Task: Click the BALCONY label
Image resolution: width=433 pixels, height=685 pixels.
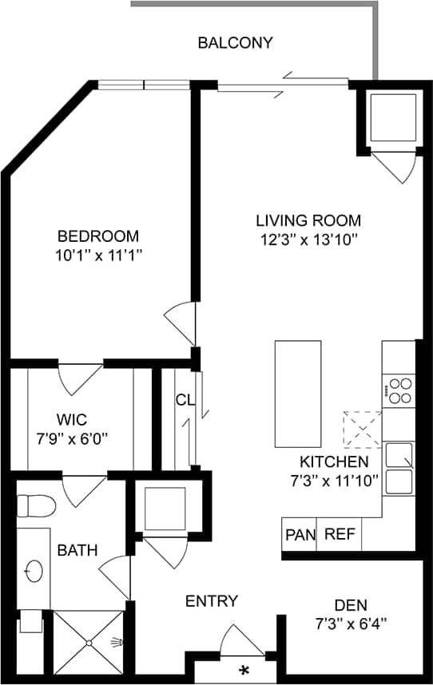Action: coord(235,43)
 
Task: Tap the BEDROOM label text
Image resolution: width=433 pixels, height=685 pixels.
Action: coord(97,236)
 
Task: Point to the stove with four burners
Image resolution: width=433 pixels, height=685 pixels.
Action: coord(399,390)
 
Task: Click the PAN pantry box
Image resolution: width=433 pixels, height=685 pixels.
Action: coord(300,534)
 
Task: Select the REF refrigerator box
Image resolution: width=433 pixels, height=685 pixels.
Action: coord(340,534)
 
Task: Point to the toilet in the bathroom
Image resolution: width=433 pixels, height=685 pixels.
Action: coord(35,505)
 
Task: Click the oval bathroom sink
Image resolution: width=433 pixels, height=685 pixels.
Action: coord(34,571)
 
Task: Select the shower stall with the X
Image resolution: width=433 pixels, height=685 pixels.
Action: coord(89,642)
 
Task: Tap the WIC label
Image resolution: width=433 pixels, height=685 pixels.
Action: coord(71,419)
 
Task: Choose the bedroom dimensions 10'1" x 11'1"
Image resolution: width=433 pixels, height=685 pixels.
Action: coord(97,255)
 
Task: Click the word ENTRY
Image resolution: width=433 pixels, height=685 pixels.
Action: coord(212,601)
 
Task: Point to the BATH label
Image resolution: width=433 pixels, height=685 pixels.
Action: coord(77,550)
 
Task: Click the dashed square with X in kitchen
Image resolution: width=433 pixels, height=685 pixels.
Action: coord(362,429)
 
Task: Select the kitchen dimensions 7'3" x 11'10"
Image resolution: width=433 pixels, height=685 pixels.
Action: coord(334,480)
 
